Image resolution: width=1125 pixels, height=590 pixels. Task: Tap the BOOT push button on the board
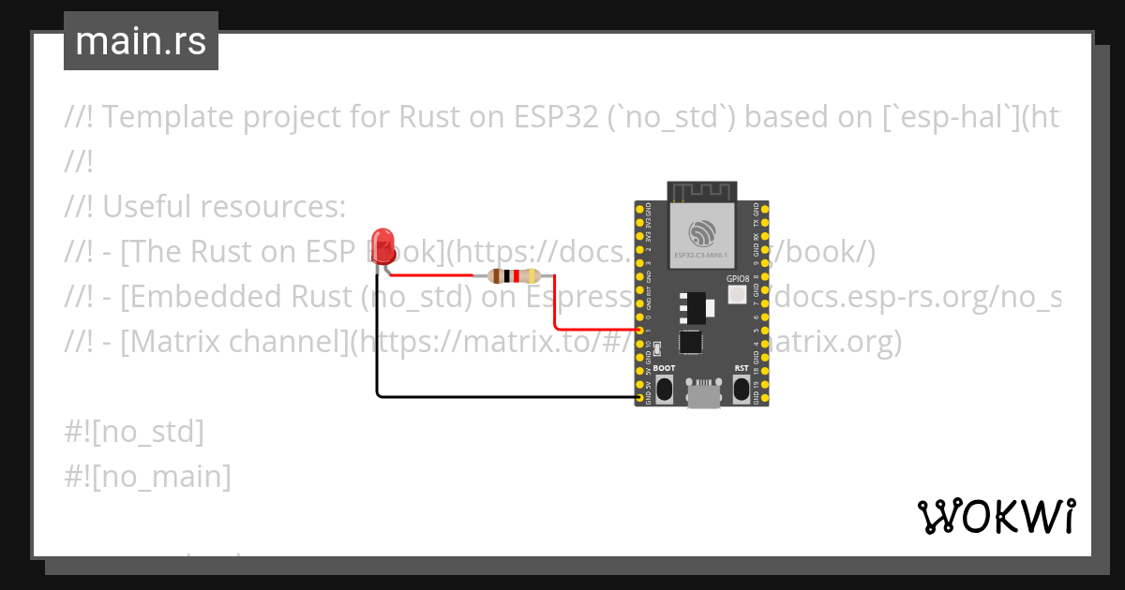point(664,389)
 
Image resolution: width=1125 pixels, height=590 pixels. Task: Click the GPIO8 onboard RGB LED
point(737,295)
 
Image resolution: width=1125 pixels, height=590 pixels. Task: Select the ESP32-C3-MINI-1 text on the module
point(702,254)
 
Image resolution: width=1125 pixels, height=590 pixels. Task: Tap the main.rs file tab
point(141,41)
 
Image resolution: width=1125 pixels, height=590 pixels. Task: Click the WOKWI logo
point(996,516)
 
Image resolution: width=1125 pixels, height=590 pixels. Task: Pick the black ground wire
point(506,397)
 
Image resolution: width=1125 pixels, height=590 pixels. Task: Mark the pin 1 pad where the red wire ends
point(640,331)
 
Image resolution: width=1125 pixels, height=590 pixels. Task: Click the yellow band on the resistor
point(531,276)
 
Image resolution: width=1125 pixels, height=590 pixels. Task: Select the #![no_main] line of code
point(148,477)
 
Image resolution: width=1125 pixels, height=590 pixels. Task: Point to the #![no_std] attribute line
point(135,432)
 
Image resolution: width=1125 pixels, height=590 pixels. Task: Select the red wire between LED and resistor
point(431,275)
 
